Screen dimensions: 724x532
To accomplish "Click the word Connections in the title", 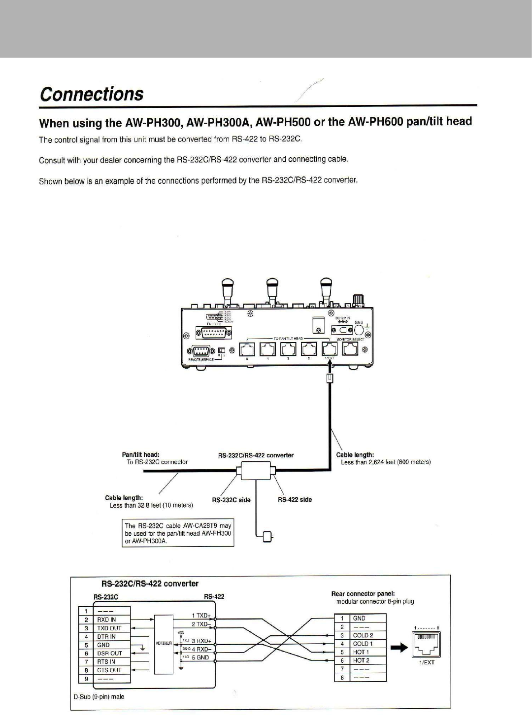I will (92, 94).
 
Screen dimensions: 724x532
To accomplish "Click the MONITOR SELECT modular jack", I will (350, 349).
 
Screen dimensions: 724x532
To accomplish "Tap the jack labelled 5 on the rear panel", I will (247, 349).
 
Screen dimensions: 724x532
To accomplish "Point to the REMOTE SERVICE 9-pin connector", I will (200, 351).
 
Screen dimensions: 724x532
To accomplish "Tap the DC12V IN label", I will (342, 318).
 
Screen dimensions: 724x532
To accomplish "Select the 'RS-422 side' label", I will (295, 499).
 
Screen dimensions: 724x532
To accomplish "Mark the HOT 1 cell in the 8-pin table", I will (367, 652).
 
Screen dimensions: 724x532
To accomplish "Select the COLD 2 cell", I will (367, 635).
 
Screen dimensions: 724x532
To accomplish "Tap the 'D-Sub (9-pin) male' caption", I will (99, 696).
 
